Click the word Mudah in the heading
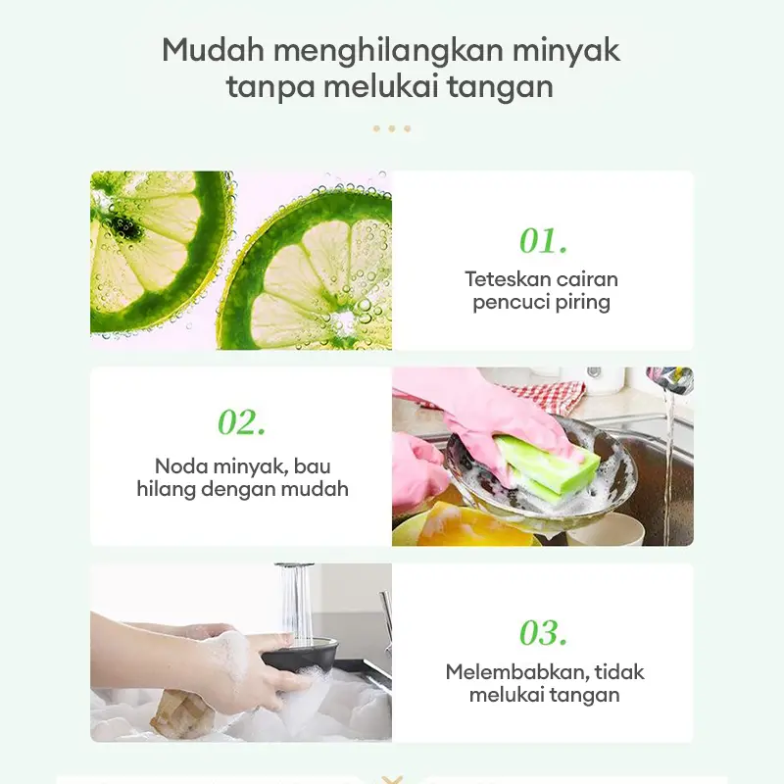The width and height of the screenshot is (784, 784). click(213, 50)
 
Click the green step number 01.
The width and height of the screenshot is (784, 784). click(544, 240)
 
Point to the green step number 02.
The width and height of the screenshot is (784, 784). click(241, 422)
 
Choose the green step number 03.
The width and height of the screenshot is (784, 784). click(544, 632)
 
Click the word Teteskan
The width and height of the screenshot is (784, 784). click(507, 279)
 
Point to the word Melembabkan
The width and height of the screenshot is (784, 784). click(515, 672)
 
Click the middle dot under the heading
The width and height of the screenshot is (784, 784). click(392, 129)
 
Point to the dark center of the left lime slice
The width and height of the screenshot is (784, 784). click(122, 226)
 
